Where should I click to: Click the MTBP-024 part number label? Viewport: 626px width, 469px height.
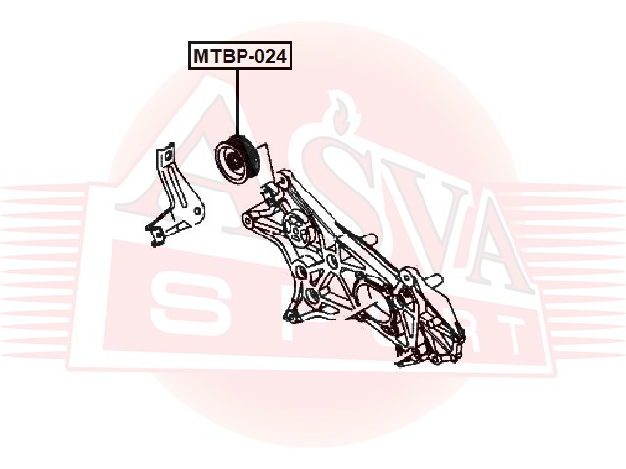pyautogui.click(x=239, y=57)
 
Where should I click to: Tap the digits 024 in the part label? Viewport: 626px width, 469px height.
pyautogui.click(x=268, y=57)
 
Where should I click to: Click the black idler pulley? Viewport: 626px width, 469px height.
pyautogui.click(x=236, y=159)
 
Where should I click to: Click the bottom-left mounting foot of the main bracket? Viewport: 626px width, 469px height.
pyautogui.click(x=289, y=315)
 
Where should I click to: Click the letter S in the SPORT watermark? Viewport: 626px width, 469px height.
pyautogui.click(x=181, y=303)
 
